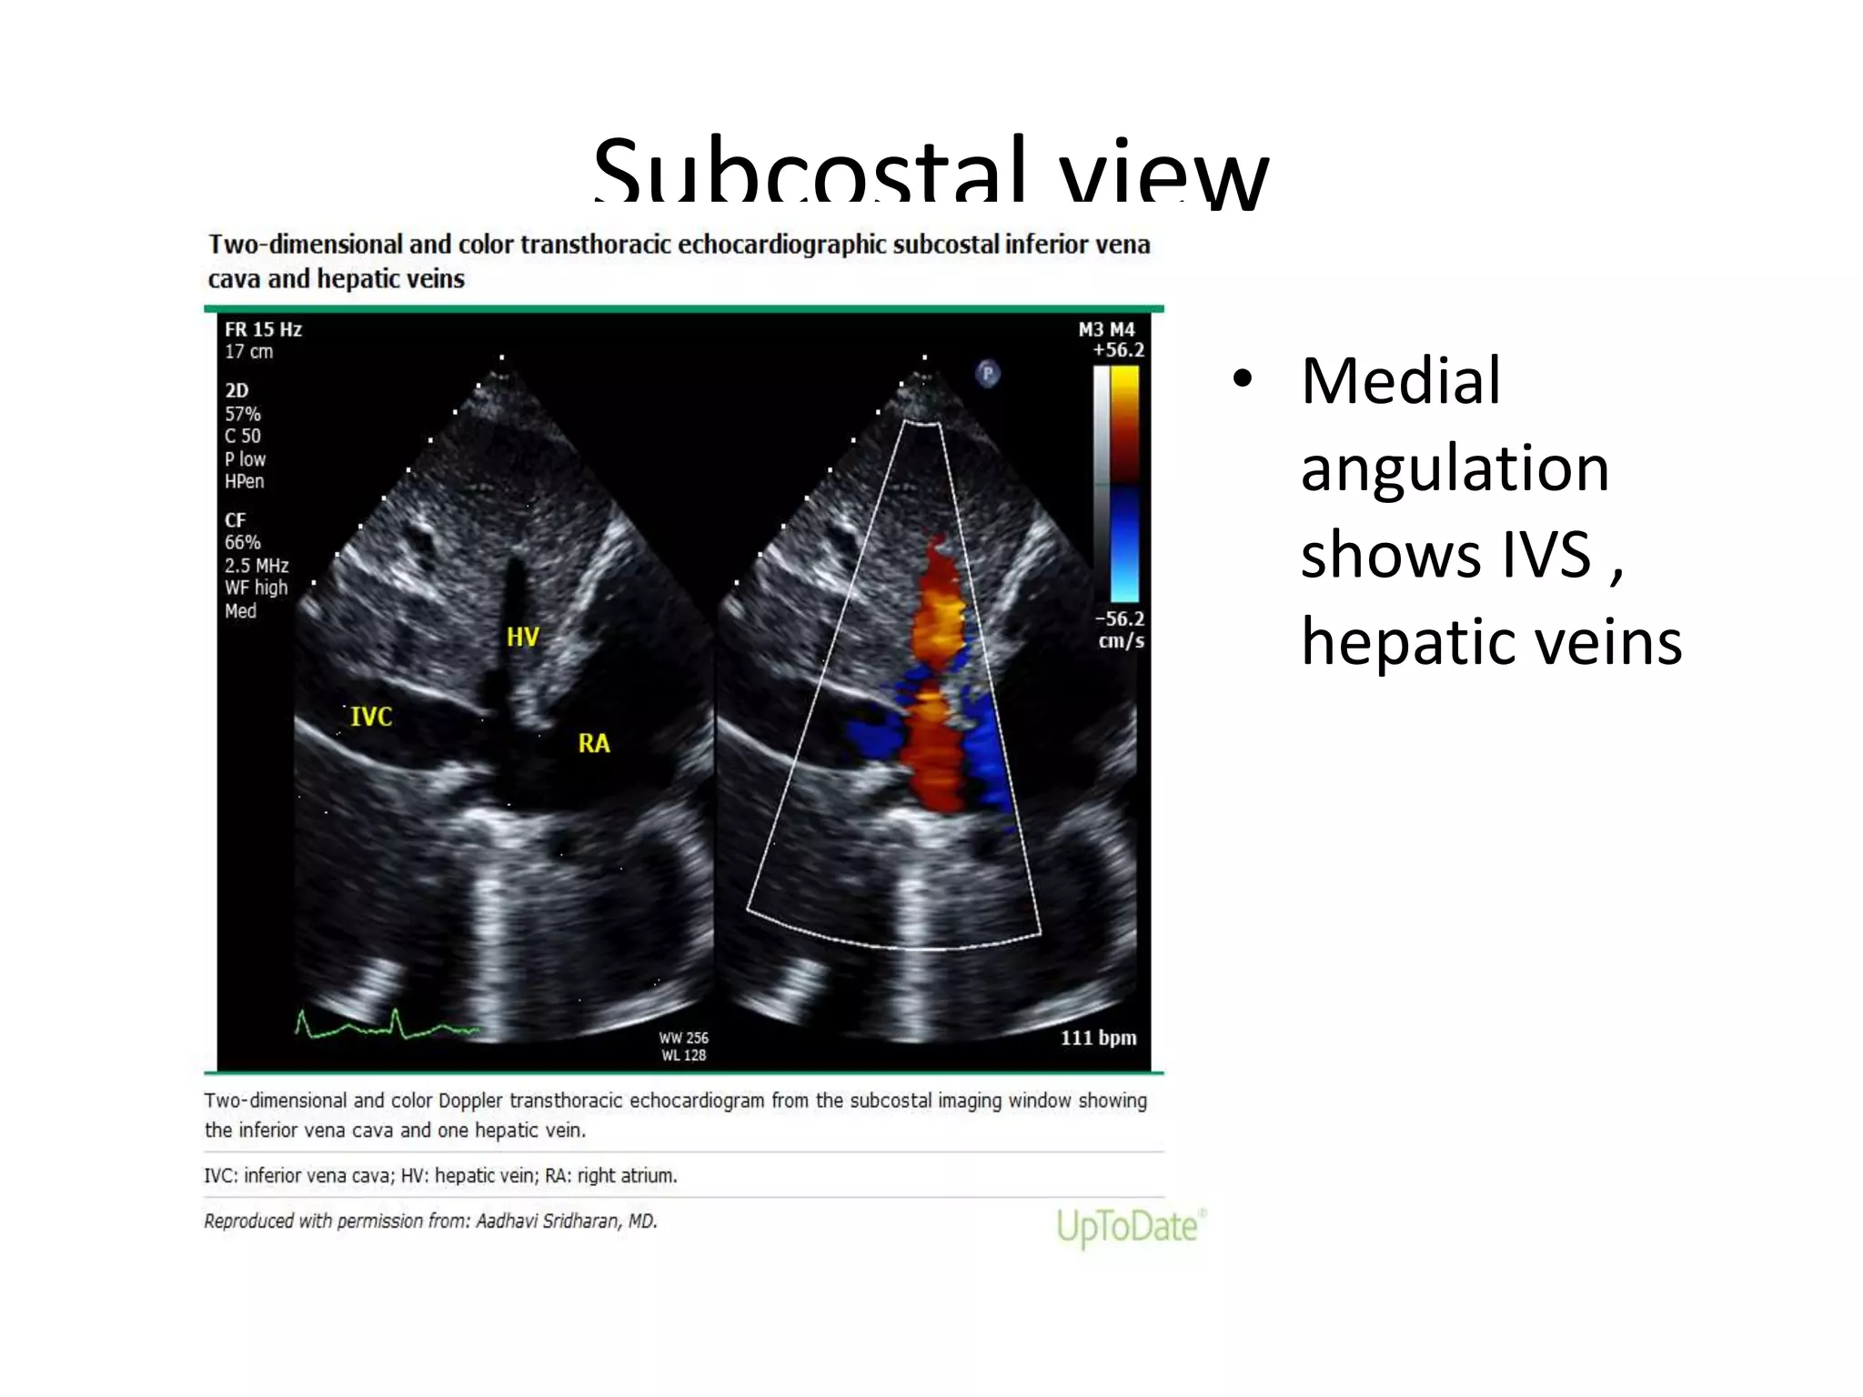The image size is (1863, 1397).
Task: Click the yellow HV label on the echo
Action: pyautogui.click(x=522, y=637)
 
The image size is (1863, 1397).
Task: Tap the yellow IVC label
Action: pyautogui.click(x=371, y=717)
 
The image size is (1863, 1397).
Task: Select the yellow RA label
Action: pyautogui.click(x=593, y=744)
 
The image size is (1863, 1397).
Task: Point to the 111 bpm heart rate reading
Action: pyautogui.click(x=1098, y=1038)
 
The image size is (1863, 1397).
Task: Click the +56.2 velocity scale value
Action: pyautogui.click(x=1118, y=350)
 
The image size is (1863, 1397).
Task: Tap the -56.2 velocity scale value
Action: pyautogui.click(x=1119, y=619)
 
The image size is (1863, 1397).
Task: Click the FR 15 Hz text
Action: pyautogui.click(x=263, y=329)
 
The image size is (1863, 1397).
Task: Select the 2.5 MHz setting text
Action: pyautogui.click(x=257, y=566)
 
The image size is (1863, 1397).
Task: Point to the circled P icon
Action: pyautogui.click(x=987, y=373)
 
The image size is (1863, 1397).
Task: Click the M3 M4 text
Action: pyautogui.click(x=1106, y=329)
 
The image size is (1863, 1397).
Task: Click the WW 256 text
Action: pyautogui.click(x=683, y=1038)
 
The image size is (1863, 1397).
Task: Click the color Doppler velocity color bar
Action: pyautogui.click(x=1125, y=482)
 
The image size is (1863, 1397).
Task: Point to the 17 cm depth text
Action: pyautogui.click(x=248, y=352)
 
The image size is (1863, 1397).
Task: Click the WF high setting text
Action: pyautogui.click(x=256, y=588)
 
